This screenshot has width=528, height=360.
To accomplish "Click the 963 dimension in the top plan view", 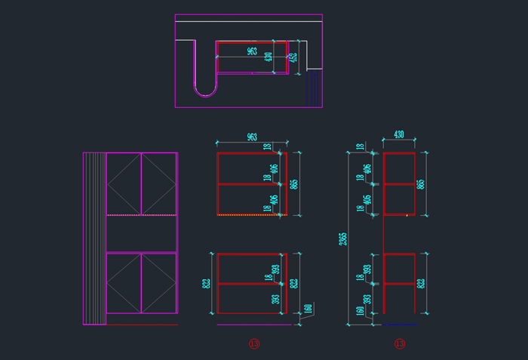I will coord(252,51).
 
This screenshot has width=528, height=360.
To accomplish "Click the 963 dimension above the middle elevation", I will coord(252,137).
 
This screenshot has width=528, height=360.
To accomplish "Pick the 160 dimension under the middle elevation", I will coord(307,309).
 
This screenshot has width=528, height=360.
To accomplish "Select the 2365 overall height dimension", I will coord(343,238).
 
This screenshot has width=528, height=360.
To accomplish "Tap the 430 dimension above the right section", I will coord(399,135).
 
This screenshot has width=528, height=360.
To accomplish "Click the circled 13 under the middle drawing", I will coord(253,343).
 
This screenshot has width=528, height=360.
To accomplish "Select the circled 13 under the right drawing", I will coord(399,343).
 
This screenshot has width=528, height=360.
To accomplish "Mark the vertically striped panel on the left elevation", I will coord(94,238).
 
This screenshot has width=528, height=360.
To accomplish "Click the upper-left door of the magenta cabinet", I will coord(124,183).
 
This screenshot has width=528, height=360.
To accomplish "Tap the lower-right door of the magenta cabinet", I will coord(159,283).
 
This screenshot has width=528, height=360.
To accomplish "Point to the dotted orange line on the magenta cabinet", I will coord(141,216).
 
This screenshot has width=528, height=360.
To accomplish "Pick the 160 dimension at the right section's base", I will coord(360,310).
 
